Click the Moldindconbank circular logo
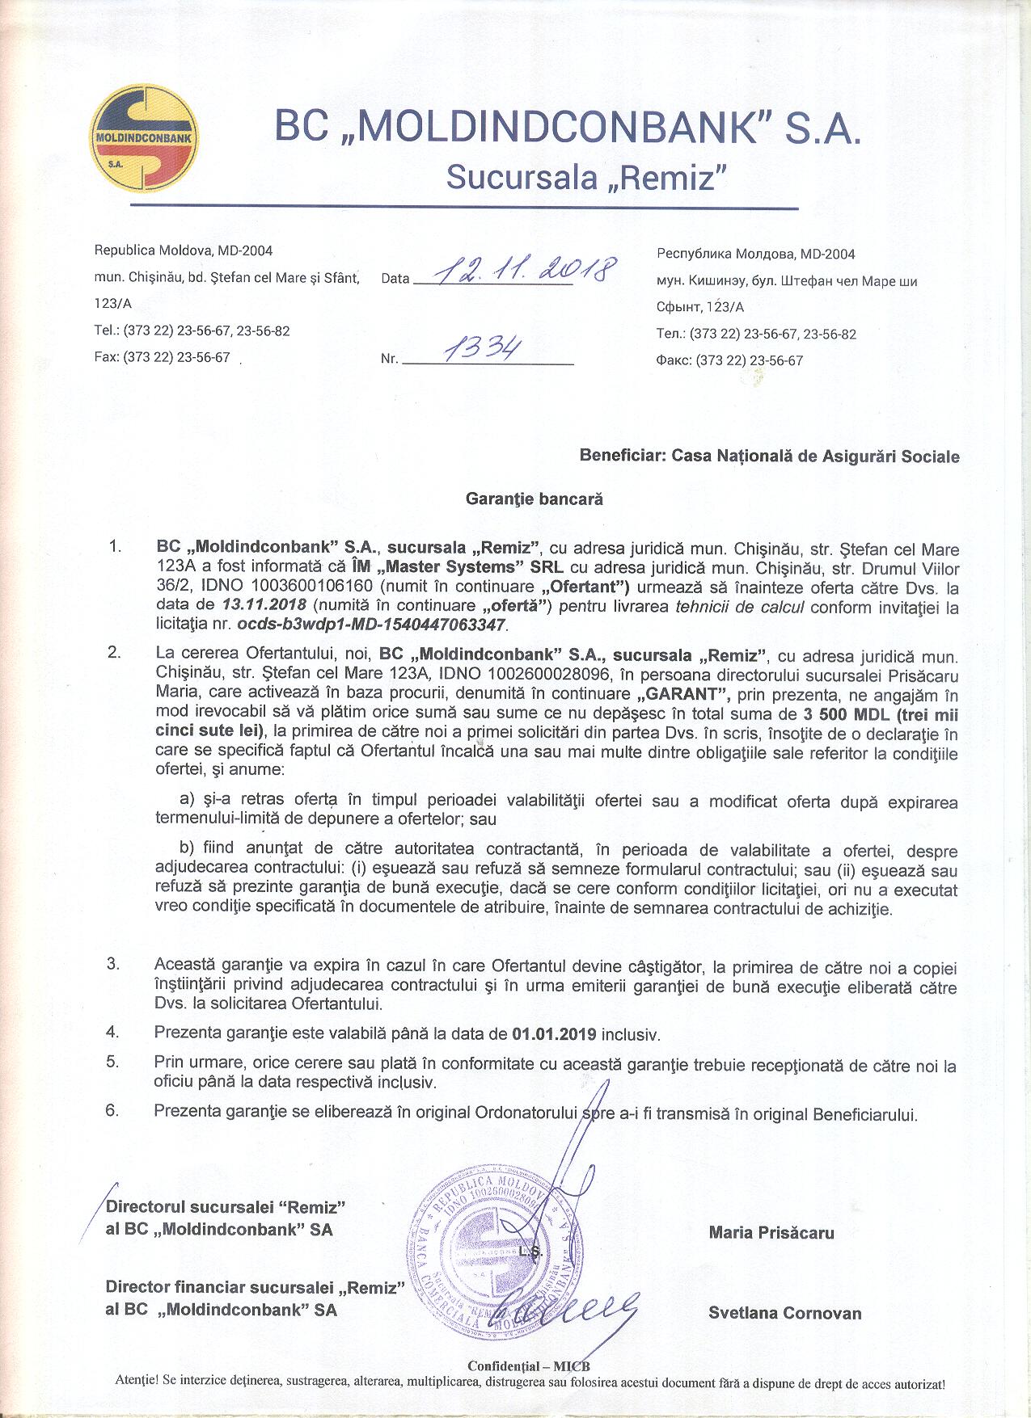(x=145, y=140)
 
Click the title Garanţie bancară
(x=534, y=499)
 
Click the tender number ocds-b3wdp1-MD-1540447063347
(x=372, y=625)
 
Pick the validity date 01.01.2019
(x=554, y=1034)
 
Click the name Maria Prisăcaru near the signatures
(x=771, y=1232)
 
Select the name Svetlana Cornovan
(x=784, y=1313)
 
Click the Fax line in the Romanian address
(x=163, y=357)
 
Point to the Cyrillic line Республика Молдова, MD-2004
(x=755, y=255)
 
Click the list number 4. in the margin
(x=112, y=1032)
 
